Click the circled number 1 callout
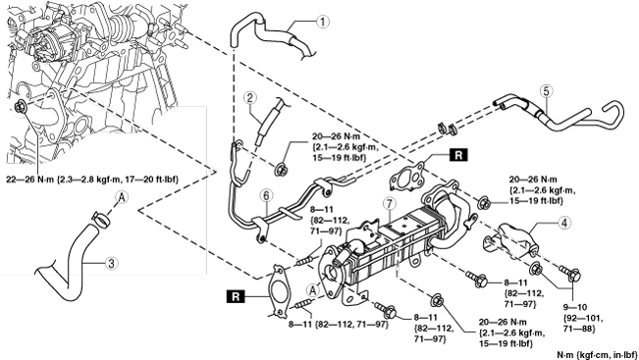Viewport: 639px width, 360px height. pos(322,22)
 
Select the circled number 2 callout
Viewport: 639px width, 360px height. pos(249,98)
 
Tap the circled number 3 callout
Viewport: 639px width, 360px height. pos(111,264)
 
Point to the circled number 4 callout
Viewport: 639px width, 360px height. pos(564,223)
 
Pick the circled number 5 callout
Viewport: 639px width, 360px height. pos(546,91)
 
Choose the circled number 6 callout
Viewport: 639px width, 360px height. pos(266,195)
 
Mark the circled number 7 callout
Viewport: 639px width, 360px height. pos(390,203)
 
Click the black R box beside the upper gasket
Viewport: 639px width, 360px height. pos(458,155)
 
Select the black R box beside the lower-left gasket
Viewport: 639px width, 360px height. pos(236,296)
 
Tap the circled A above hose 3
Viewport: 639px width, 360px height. pos(122,198)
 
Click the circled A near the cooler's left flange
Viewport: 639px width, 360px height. pos(312,290)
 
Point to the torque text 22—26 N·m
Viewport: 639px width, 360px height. pos(29,180)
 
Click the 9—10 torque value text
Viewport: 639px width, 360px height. pos(574,307)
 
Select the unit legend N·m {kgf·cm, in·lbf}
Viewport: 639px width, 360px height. pos(597,355)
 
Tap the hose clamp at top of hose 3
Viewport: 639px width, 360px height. pos(100,219)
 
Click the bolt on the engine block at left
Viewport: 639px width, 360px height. pos(20,107)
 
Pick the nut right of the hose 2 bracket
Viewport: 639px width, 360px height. pos(281,169)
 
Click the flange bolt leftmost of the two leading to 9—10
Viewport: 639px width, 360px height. pos(536,269)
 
